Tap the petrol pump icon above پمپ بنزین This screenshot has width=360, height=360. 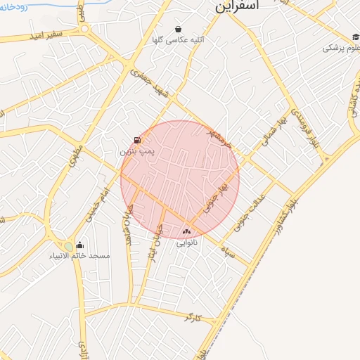[x=136, y=140]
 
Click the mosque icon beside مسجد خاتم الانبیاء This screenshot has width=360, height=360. [x=81, y=245]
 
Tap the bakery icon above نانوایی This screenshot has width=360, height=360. [x=186, y=231]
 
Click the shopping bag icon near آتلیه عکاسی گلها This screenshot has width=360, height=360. [x=179, y=30]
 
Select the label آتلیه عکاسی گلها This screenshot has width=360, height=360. [x=179, y=40]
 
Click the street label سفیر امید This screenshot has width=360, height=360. [x=49, y=33]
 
